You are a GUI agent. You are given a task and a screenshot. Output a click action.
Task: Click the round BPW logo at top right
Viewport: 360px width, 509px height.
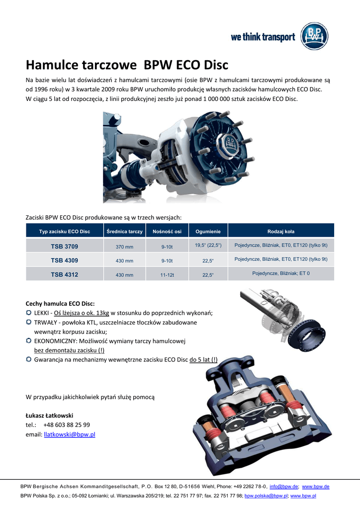click(x=314, y=37)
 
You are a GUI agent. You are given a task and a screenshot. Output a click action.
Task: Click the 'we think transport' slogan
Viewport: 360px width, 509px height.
click(x=263, y=37)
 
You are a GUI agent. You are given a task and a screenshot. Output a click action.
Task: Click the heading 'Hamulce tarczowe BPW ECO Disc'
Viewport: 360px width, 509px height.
click(x=127, y=65)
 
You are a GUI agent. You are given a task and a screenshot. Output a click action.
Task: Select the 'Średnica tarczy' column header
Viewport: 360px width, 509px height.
click(x=124, y=232)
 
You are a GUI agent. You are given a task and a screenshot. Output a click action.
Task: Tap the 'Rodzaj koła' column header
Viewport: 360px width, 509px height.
click(x=280, y=232)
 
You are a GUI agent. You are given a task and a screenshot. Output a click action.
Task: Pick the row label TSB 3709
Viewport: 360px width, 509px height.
click(x=64, y=247)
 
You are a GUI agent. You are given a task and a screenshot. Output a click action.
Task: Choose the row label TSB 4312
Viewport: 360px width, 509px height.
click(x=64, y=274)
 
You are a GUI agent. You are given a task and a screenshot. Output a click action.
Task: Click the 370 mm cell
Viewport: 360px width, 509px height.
click(x=124, y=247)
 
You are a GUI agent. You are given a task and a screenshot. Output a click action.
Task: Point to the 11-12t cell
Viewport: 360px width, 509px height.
click(x=167, y=275)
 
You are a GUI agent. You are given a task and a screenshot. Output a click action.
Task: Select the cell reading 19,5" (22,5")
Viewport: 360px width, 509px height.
click(x=208, y=246)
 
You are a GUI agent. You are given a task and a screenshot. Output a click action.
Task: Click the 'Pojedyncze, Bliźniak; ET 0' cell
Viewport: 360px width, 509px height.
click(x=280, y=274)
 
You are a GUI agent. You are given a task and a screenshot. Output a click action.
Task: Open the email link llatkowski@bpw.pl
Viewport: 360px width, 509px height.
click(x=70, y=434)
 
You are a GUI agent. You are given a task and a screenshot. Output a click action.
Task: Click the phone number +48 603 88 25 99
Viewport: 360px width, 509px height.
click(x=67, y=425)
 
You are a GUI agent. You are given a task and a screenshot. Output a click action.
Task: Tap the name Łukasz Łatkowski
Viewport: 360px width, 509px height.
click(x=49, y=415)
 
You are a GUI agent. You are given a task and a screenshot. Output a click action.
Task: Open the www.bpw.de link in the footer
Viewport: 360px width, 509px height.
click(x=316, y=487)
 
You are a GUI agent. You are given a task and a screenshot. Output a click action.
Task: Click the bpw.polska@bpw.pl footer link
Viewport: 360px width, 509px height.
click(x=266, y=496)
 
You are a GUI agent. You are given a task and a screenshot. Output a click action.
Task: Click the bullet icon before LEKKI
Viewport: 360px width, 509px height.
click(x=29, y=313)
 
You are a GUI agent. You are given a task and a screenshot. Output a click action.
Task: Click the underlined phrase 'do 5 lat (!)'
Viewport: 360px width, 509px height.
click(x=203, y=359)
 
